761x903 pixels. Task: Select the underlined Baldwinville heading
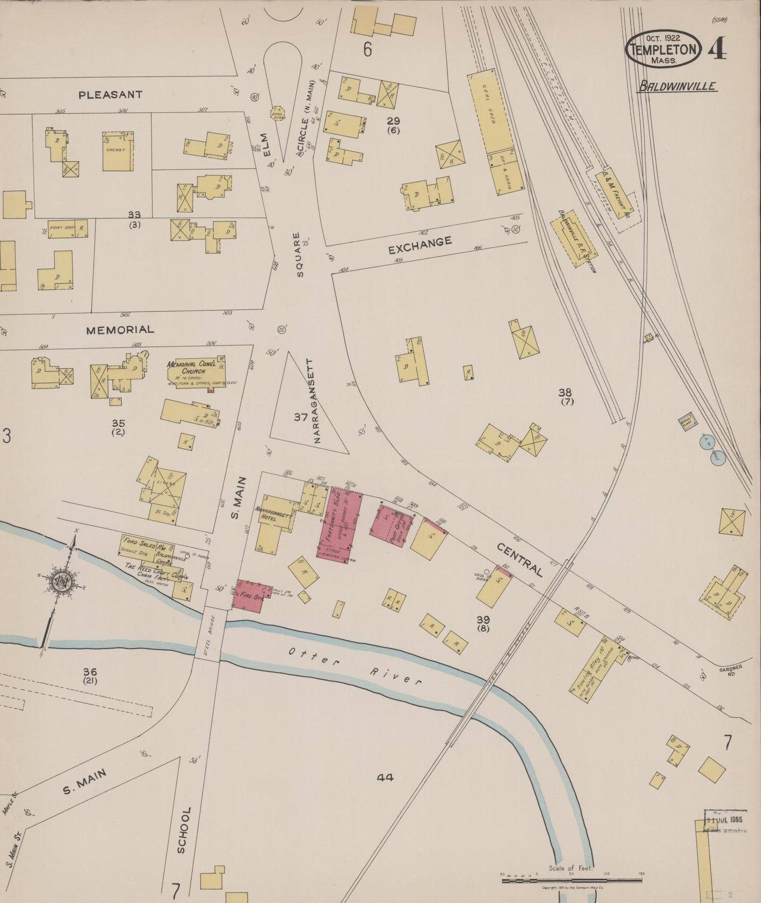[677, 86]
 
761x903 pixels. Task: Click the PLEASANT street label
[110, 95]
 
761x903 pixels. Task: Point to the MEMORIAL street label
[120, 330]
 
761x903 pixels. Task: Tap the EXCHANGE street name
[420, 245]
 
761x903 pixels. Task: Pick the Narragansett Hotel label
[273, 514]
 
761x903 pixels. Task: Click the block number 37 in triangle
[301, 417]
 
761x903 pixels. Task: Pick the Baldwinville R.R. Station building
[574, 240]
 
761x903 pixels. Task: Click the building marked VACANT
[117, 151]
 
